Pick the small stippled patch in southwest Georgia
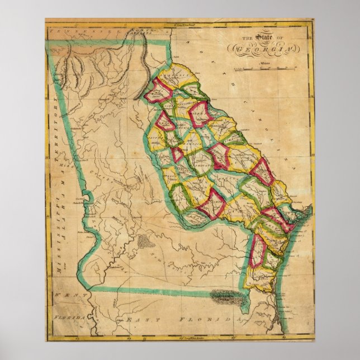pos(144,241)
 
